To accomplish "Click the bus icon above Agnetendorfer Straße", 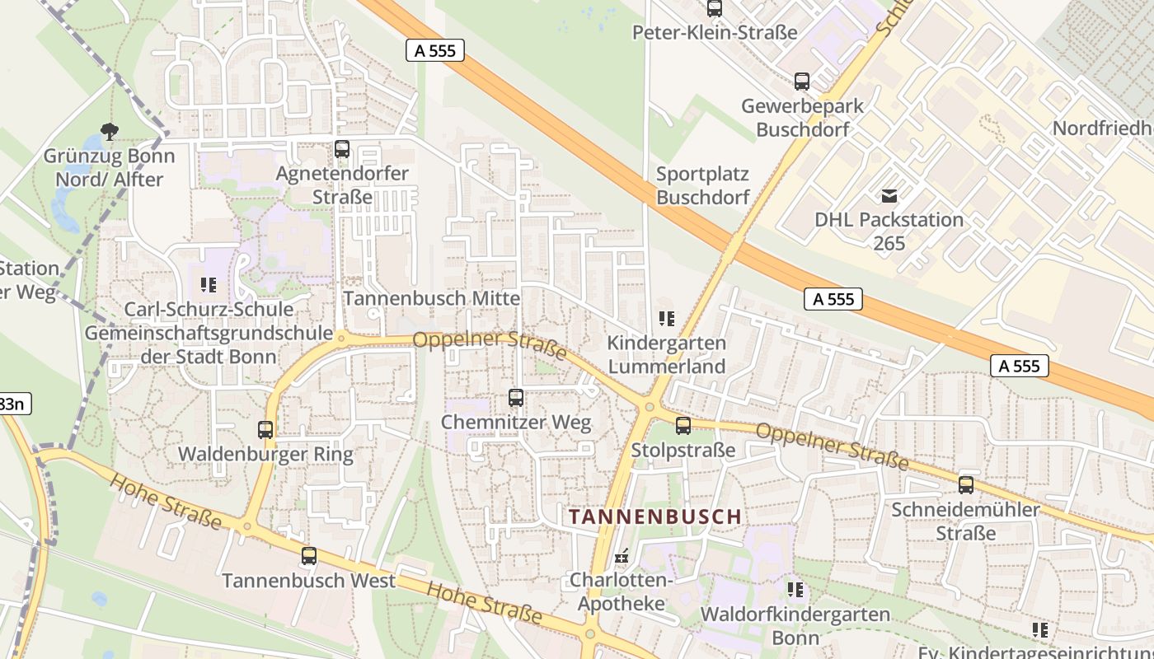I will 342,149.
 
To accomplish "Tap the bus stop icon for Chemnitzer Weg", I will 516,398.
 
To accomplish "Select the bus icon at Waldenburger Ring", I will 265,429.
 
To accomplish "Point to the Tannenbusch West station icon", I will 309,556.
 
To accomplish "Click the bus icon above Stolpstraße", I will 683,425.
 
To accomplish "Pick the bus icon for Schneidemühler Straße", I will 966,484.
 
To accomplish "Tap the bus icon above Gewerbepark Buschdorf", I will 802,82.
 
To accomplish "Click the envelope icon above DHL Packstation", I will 889,196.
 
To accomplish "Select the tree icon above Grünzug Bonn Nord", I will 109,131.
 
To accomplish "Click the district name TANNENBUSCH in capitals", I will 655,516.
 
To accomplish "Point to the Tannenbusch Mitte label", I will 432,298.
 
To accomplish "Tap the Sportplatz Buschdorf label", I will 703,185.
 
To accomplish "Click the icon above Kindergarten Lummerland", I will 667,318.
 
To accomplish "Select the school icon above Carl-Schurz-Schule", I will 209,285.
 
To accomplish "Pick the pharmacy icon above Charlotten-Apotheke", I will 622,556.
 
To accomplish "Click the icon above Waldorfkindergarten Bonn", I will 795,589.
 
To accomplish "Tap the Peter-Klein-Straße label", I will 715,32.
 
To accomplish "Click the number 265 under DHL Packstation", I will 889,243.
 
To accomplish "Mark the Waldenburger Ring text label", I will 265,454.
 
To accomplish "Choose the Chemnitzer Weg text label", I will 516,423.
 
